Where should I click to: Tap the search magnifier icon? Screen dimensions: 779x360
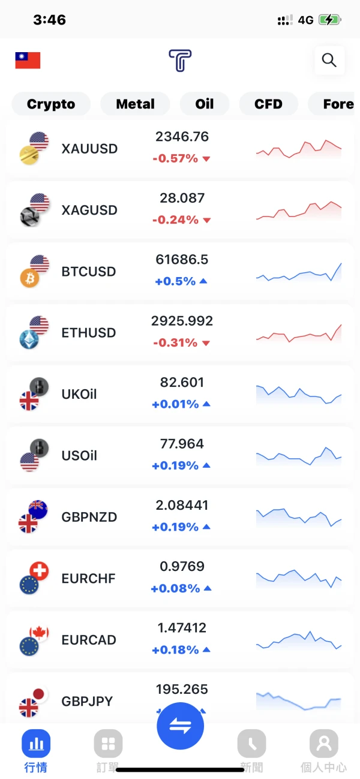pyautogui.click(x=329, y=60)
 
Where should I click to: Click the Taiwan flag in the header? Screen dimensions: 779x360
pyautogui.click(x=28, y=60)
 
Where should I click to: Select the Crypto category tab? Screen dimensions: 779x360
pyautogui.click(x=51, y=104)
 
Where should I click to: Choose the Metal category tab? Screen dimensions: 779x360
pyautogui.click(x=135, y=104)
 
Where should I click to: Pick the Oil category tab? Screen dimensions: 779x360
pyautogui.click(x=205, y=104)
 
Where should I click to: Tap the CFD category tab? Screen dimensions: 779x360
pyautogui.click(x=268, y=104)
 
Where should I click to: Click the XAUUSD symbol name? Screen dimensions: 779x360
pyautogui.click(x=89, y=149)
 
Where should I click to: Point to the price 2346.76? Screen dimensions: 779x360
pyautogui.click(x=182, y=137)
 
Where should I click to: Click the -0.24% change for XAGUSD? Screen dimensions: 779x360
pyautogui.click(x=175, y=220)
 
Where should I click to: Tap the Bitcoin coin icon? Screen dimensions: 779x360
pyautogui.click(x=29, y=278)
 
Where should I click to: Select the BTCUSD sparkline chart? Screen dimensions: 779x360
pyautogui.click(x=298, y=273)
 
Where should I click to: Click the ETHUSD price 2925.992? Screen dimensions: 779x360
pyautogui.click(x=182, y=321)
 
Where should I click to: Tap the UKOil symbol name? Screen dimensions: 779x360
pyautogui.click(x=79, y=394)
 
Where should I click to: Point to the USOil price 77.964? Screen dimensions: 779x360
pyautogui.click(x=182, y=444)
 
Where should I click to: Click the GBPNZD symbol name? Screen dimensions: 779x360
pyautogui.click(x=89, y=517)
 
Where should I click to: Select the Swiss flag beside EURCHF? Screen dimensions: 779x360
pyautogui.click(x=39, y=571)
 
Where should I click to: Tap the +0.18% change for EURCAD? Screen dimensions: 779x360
pyautogui.click(x=175, y=650)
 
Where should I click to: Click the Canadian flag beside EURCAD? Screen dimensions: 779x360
pyautogui.click(x=39, y=633)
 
